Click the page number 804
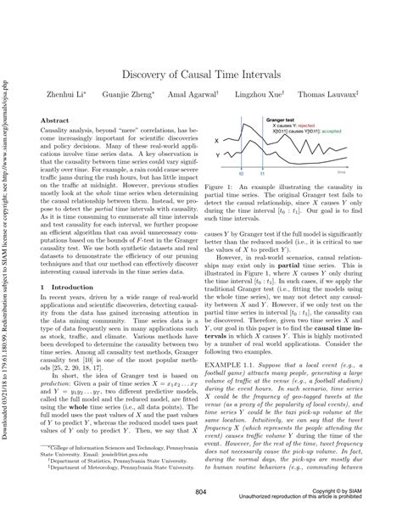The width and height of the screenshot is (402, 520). (201, 493)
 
